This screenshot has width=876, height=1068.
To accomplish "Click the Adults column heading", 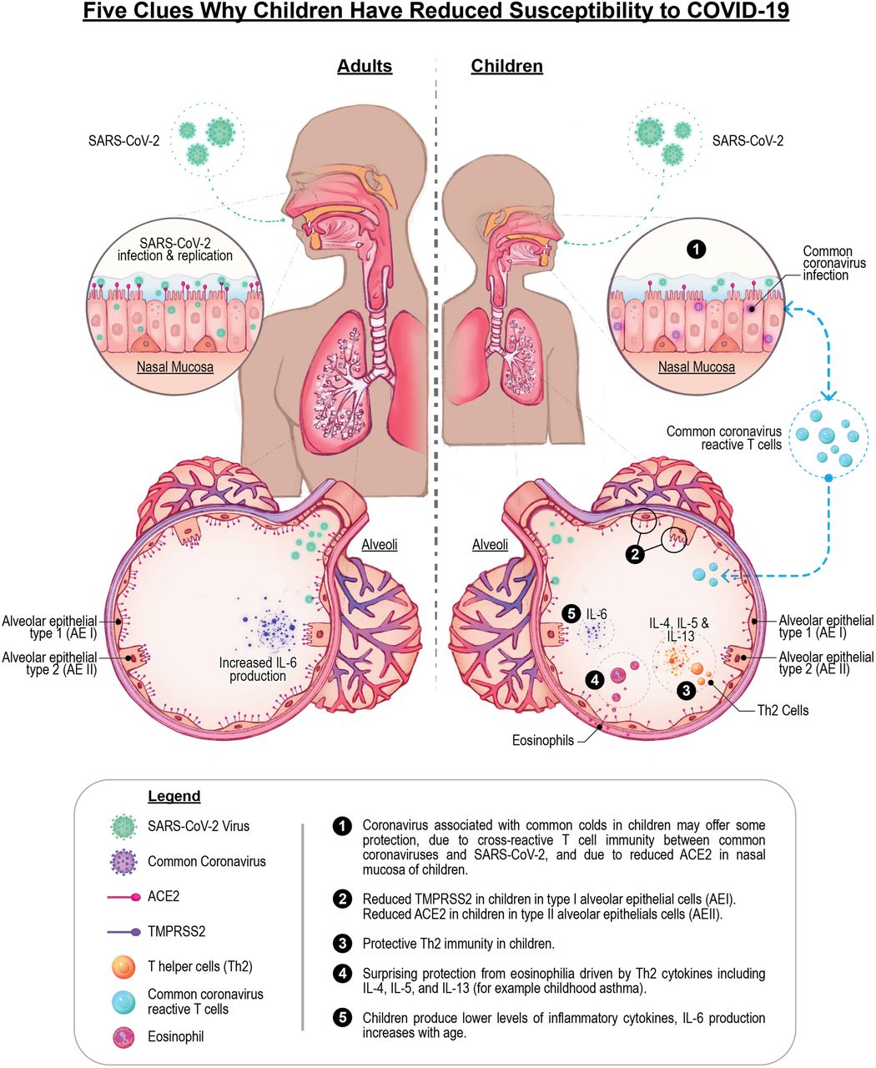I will (x=365, y=66).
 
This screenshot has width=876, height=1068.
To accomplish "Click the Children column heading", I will (x=506, y=66).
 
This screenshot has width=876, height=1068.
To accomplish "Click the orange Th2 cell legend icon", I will (x=123, y=967).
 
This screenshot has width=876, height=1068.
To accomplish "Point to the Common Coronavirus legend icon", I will (x=123, y=861).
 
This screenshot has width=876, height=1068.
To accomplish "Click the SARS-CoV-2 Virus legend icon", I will (x=123, y=826).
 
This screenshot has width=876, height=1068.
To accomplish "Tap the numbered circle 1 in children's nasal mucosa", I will (x=697, y=249).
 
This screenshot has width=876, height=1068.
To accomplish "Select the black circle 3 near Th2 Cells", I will (x=686, y=690).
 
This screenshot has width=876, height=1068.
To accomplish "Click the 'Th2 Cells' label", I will (x=783, y=711).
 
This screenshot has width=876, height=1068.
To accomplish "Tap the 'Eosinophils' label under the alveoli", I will (x=544, y=739).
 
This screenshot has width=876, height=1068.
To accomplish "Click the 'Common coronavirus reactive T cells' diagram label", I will (x=724, y=438).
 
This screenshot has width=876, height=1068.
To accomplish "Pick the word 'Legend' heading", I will (x=174, y=796).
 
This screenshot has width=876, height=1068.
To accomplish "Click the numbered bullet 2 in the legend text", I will (x=341, y=899).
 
